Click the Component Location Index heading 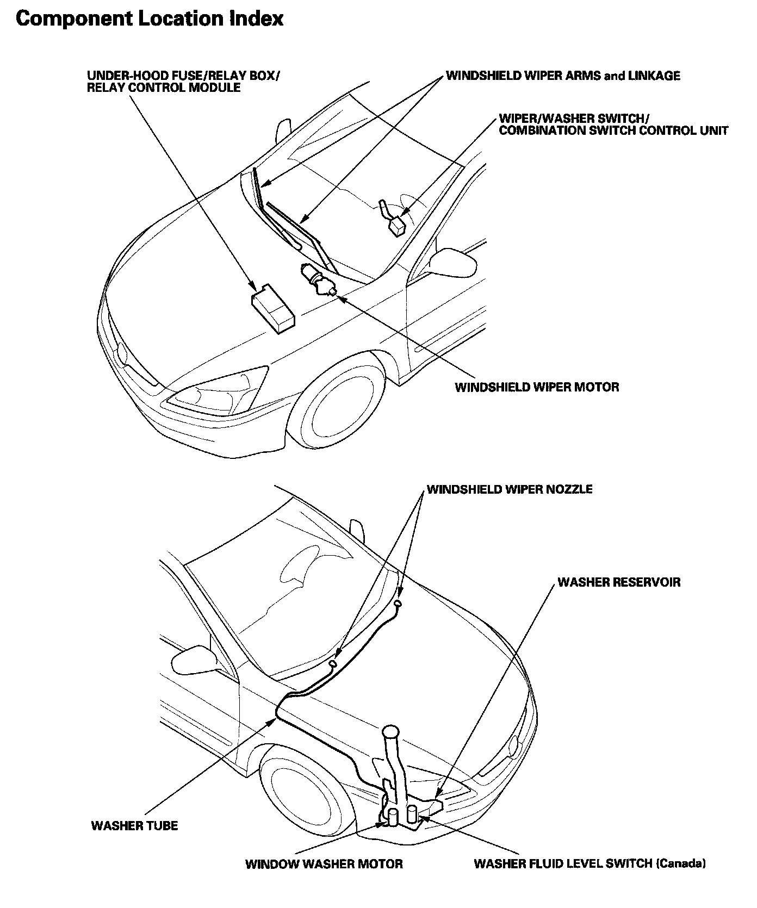[x=150, y=19]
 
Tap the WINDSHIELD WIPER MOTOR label [x=537, y=387]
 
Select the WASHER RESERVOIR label [x=619, y=582]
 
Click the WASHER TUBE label [x=134, y=825]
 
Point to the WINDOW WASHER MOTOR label [x=324, y=863]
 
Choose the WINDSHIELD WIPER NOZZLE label [x=510, y=489]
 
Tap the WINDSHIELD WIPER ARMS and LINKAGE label [x=563, y=76]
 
